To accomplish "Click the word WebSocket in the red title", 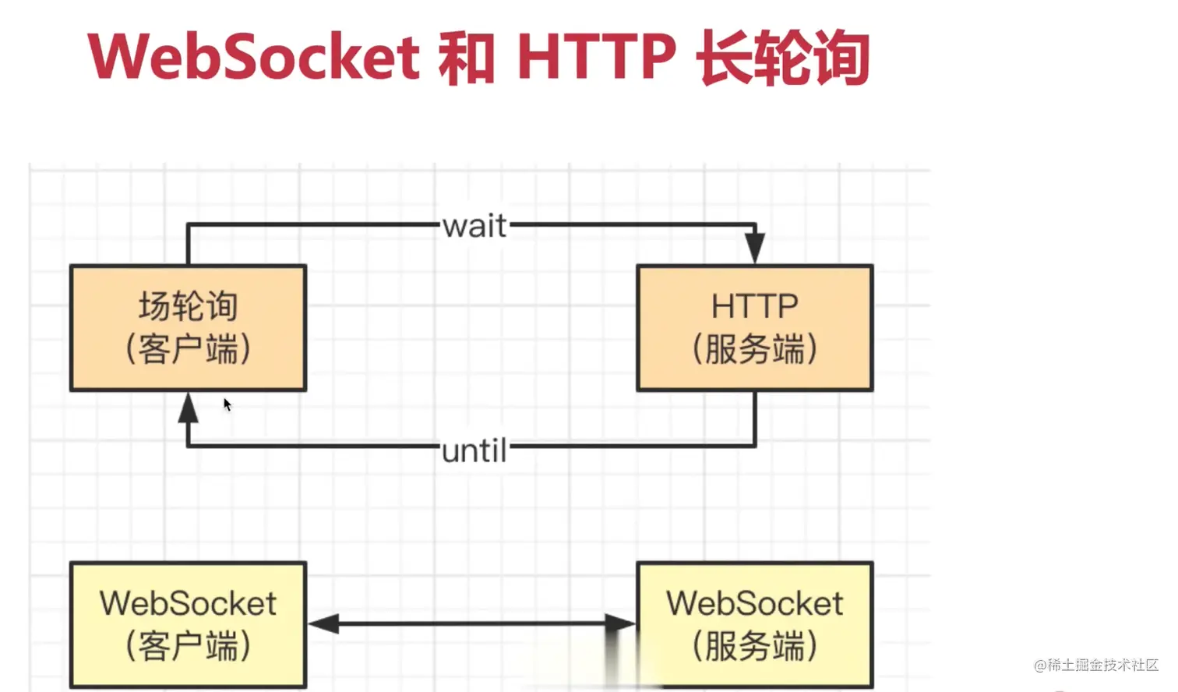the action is [x=254, y=56].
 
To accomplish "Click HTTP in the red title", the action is [x=596, y=56].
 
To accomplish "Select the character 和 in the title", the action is [x=467, y=57].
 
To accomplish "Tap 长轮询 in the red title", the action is [x=783, y=57].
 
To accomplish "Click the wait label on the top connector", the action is [x=475, y=226].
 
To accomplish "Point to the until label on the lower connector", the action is [x=474, y=450].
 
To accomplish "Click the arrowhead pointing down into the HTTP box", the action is [x=755, y=247].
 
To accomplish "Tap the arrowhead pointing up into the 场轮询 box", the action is [x=189, y=408].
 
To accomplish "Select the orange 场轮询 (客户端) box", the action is [x=189, y=328].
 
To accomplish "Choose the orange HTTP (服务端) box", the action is [x=755, y=328].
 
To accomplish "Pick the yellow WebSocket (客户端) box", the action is [x=189, y=625].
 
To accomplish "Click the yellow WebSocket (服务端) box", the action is [x=755, y=625].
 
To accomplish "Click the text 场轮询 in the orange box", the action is [x=189, y=306].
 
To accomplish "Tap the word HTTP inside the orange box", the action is [x=755, y=306].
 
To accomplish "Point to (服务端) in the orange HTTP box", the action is [x=755, y=349].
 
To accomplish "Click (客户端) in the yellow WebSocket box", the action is [x=189, y=646].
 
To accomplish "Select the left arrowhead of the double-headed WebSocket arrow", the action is [x=323, y=624].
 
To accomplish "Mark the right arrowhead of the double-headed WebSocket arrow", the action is [x=620, y=624].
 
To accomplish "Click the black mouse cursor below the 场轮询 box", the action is [x=227, y=405].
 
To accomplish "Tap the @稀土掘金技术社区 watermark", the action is [x=1096, y=666].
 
